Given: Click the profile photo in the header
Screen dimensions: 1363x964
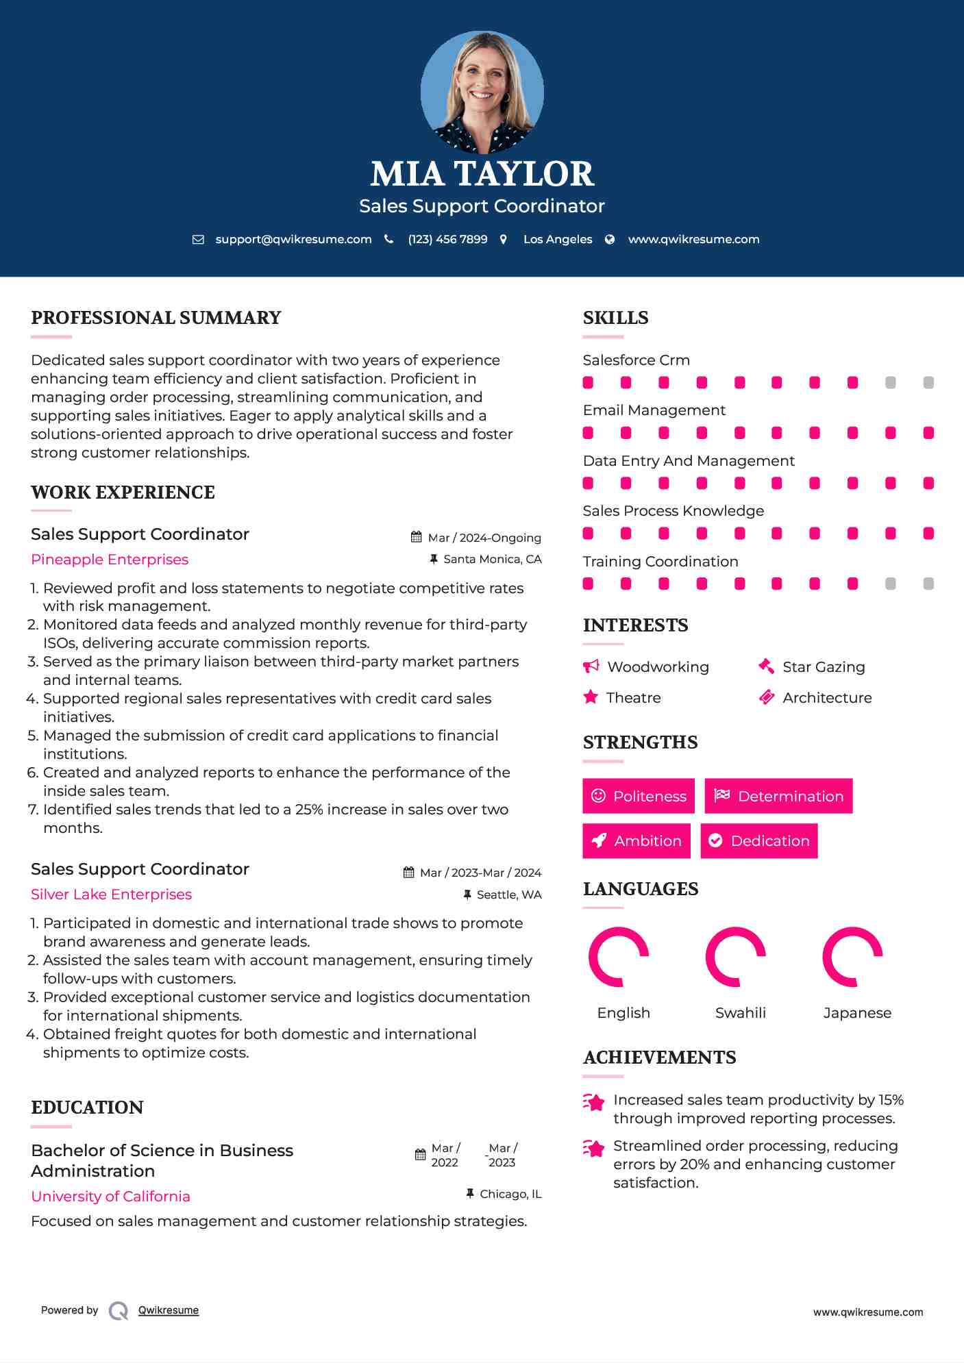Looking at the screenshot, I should pos(482,92).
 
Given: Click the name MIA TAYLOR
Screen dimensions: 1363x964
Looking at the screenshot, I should pos(482,174).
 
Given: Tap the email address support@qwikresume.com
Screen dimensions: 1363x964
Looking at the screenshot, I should pos(293,240).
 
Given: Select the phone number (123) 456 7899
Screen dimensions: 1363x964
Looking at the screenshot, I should pos(447,240).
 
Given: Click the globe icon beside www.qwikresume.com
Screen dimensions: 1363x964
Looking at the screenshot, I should pos(610,240).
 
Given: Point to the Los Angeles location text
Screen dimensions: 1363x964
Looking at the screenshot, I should pos(557,240).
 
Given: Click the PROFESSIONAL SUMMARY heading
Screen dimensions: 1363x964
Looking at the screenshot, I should pos(156,318).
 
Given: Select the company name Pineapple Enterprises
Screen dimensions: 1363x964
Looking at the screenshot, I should pos(110,560).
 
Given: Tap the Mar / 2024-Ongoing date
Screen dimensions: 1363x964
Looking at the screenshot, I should pos(484,538).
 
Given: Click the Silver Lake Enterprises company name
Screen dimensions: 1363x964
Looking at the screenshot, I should pos(111,895).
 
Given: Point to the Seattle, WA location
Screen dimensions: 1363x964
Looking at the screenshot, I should pos(508,895).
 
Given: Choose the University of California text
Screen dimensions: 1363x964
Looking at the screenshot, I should pos(110,1197).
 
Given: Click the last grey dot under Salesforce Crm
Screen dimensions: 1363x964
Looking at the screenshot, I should pos(928,383).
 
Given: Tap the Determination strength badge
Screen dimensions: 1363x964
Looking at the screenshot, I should pos(778,796).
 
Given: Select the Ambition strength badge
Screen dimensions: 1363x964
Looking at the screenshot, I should pos(637,841).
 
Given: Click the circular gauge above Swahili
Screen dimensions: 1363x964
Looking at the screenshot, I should pos(735,957).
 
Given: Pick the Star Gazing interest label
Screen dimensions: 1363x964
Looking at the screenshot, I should pos(824,667).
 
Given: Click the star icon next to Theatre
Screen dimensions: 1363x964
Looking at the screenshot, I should pos(591,697).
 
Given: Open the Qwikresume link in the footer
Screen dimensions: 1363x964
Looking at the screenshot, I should pos(169,1310).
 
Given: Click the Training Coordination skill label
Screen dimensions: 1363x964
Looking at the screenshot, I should pos(660,562).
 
